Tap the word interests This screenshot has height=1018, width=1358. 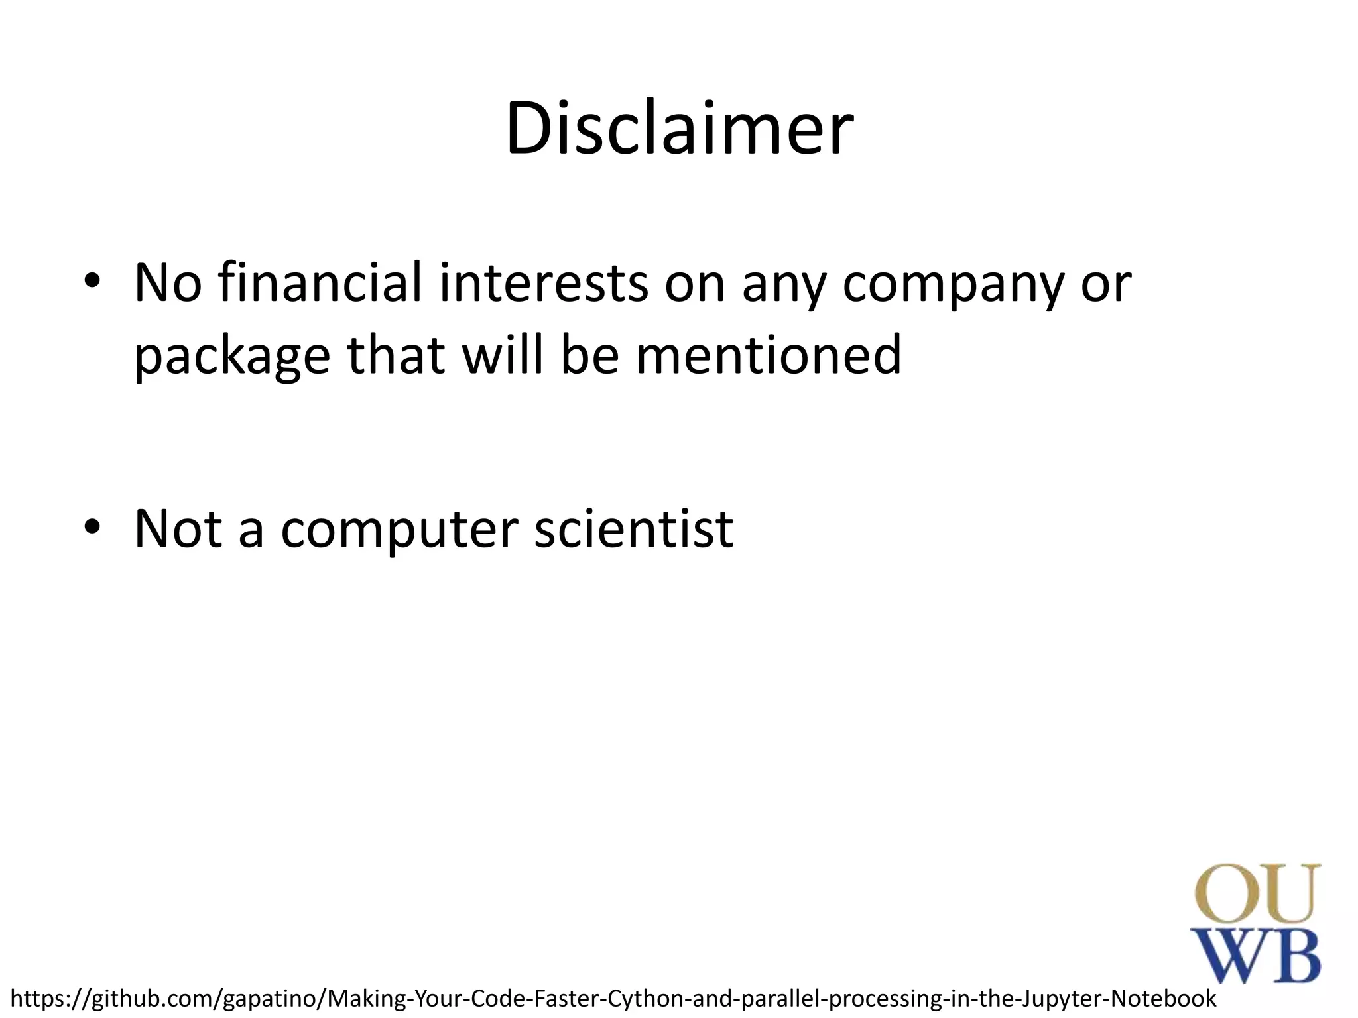544,282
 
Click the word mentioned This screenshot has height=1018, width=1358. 769,355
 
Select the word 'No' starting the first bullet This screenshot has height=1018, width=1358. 168,283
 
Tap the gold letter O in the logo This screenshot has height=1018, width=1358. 1225,894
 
